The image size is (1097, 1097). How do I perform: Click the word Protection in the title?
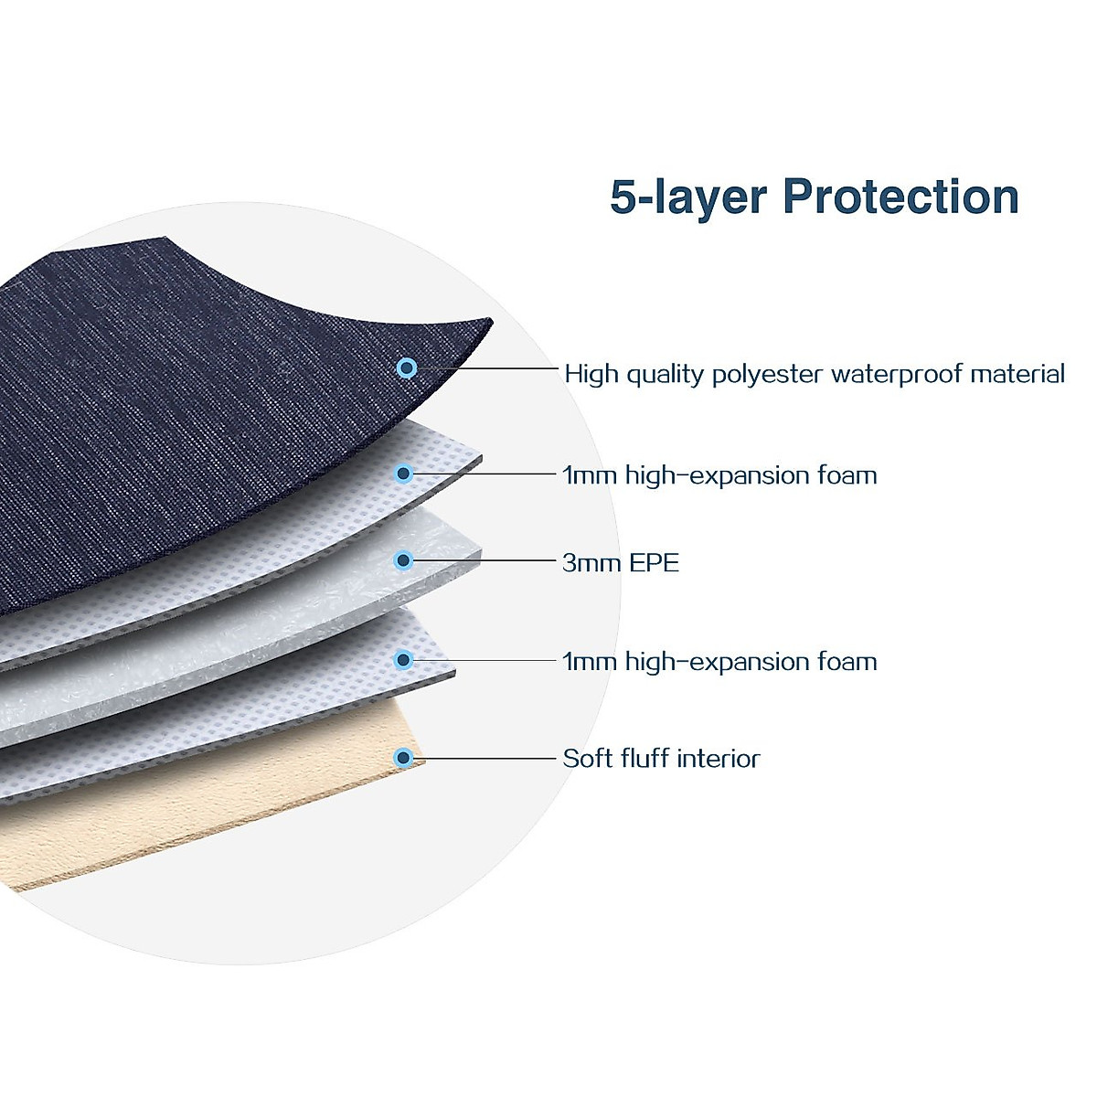pyautogui.click(x=900, y=197)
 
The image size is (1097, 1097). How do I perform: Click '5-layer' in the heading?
pyautogui.click(x=688, y=197)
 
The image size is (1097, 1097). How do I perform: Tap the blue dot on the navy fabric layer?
pyautogui.click(x=407, y=368)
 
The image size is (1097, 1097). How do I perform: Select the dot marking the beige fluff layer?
pyautogui.click(x=403, y=758)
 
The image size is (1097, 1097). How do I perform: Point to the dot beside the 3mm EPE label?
pyautogui.click(x=403, y=560)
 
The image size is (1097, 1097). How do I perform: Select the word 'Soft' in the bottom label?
pyautogui.click(x=587, y=758)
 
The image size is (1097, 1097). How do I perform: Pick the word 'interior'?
pyautogui.click(x=719, y=758)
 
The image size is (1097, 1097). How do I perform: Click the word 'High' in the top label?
pyautogui.click(x=591, y=374)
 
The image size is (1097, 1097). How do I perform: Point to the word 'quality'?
pyautogui.click(x=665, y=375)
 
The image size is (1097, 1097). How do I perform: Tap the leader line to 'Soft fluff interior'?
pyautogui.click(x=485, y=758)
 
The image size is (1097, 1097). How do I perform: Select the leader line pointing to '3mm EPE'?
pyautogui.click(x=485, y=560)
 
